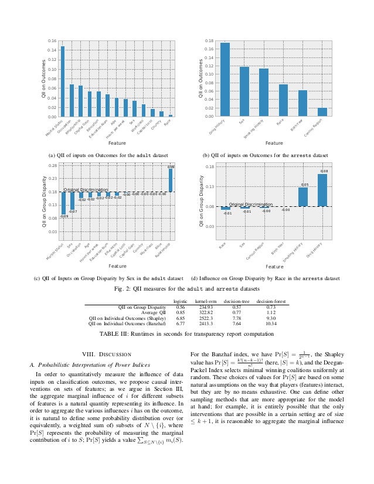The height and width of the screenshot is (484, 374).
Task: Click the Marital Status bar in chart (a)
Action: pyautogui.click(x=63, y=81)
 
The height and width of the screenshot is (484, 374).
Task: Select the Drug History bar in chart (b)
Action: pyautogui.click(x=225, y=80)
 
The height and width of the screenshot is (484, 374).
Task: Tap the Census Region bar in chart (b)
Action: pyautogui.click(x=322, y=112)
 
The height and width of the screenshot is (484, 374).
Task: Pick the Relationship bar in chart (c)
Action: pyautogui.click(x=171, y=180)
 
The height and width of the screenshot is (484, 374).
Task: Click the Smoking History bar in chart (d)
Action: pyautogui.click(x=303, y=197)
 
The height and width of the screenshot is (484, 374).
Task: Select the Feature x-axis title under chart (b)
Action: pyautogui.click(x=274, y=143)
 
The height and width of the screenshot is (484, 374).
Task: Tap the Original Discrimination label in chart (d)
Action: pyautogui.click(x=251, y=204)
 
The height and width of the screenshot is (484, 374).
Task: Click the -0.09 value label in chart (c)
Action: pyautogui.click(x=64, y=217)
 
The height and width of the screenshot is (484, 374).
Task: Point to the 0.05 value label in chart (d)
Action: pyautogui.click(x=305, y=185)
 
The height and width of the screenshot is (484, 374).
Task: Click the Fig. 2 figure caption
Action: pyautogui.click(x=187, y=289)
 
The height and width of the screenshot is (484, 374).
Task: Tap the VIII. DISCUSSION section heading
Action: pyautogui.click(x=107, y=353)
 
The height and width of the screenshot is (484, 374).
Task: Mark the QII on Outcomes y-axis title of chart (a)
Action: pyautogui.click(x=43, y=79)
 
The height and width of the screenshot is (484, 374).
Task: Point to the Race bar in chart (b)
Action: pyautogui.click(x=283, y=100)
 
